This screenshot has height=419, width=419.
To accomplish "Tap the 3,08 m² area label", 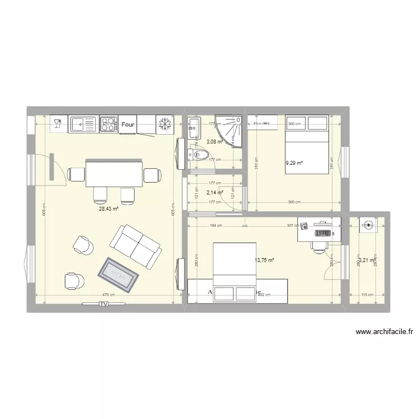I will [x=215, y=142].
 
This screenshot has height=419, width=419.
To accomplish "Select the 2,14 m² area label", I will [x=215, y=193].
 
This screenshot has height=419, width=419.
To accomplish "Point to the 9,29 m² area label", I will [x=294, y=163].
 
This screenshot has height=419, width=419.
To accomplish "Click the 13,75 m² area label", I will [x=264, y=260].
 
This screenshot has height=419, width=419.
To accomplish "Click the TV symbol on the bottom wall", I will [x=103, y=304].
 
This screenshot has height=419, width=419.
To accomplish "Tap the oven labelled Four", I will [x=128, y=125].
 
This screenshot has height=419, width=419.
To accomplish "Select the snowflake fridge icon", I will [x=165, y=124].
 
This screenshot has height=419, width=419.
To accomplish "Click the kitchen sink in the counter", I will [x=83, y=124].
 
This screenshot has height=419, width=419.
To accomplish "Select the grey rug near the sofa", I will [x=118, y=275].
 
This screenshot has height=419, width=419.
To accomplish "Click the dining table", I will [x=114, y=174].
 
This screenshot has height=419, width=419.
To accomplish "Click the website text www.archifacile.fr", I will [x=384, y=332].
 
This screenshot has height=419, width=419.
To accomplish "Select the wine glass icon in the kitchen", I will [x=58, y=124].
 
